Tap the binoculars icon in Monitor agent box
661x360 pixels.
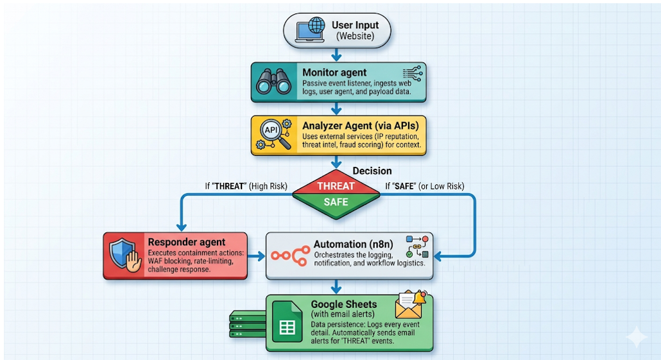click(274, 81)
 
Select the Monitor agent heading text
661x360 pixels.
click(334, 73)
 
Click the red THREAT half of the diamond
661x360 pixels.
click(336, 186)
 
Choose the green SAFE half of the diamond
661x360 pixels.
click(336, 202)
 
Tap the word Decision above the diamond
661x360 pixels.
click(372, 171)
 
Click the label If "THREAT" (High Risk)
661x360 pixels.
click(246, 186)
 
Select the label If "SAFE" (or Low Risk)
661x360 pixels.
click(424, 186)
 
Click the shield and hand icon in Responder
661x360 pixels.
click(125, 255)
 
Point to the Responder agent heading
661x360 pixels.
click(187, 242)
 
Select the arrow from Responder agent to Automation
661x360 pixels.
click(256, 256)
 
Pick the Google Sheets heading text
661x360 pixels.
click(344, 304)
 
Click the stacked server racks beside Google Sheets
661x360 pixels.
click(247, 325)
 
